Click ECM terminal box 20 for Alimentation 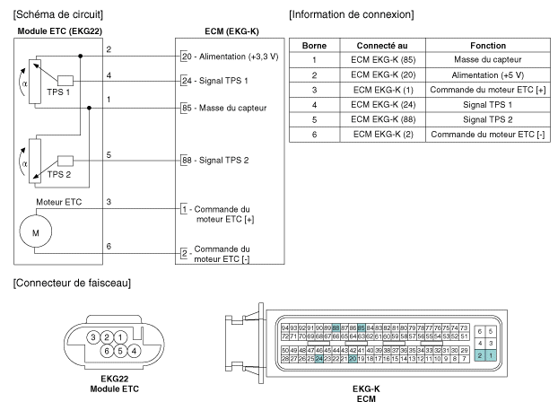tap(185, 56)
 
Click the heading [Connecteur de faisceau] tap(61, 284)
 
